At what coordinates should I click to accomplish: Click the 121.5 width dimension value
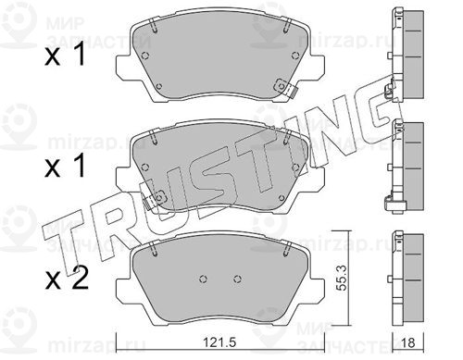(219, 341)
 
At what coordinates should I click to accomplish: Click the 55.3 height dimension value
(340, 277)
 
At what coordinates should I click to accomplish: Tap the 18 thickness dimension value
(408, 342)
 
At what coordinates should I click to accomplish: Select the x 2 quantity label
(67, 278)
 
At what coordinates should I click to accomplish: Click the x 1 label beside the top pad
(65, 55)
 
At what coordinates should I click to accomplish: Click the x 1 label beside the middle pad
(65, 166)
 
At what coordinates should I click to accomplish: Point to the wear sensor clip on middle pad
(155, 199)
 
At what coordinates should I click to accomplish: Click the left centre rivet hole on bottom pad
(203, 279)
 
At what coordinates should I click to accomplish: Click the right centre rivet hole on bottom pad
(237, 279)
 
